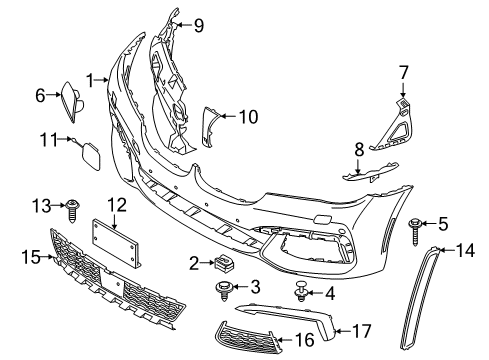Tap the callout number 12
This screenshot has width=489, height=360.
click(117, 205)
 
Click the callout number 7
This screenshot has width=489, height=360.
click(404, 71)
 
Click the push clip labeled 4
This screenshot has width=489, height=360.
click(301, 293)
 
